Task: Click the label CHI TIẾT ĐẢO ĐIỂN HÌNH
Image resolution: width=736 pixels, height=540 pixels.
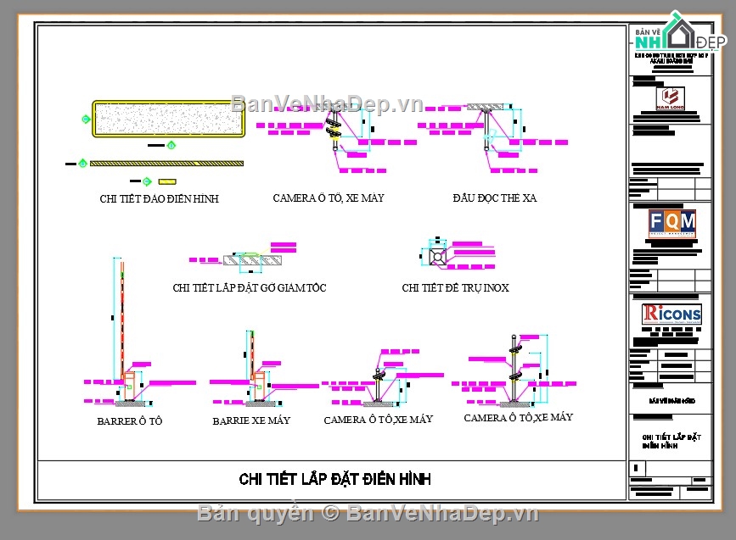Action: pos(159,199)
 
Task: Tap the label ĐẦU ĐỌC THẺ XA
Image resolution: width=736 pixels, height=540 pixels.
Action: pos(494,198)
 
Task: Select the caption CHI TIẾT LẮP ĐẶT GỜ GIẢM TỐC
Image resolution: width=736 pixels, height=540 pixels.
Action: pos(249,288)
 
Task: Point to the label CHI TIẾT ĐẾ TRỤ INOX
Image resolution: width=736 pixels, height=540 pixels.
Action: pos(455,288)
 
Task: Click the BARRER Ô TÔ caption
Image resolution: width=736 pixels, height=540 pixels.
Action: pos(129,421)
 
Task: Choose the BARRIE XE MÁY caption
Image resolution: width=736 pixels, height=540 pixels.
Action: pos(251,420)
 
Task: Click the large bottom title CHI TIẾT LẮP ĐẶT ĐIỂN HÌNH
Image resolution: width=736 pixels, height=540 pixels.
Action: pos(334,479)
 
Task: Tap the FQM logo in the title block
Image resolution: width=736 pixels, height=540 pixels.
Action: pos(671,224)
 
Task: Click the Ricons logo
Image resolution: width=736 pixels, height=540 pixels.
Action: pos(671,314)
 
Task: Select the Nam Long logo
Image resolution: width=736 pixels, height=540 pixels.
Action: pos(673,97)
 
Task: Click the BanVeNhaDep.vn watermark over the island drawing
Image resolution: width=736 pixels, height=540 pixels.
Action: pos(327,104)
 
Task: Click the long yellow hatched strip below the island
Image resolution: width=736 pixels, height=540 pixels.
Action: pos(166,163)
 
